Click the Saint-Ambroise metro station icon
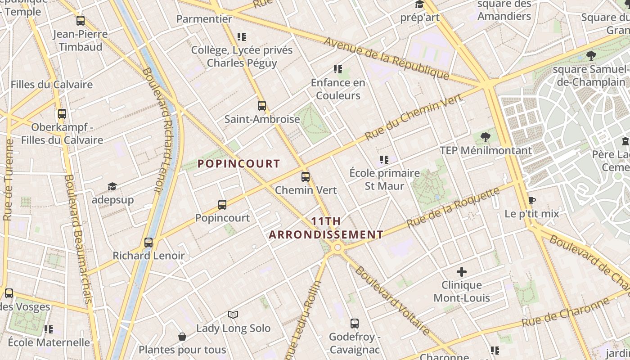click(x=262, y=106)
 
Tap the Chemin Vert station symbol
click(x=306, y=176)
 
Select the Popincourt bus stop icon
click(x=222, y=205)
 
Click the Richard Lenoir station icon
click(x=148, y=243)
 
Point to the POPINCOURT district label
click(x=239, y=164)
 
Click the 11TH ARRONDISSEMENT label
click(x=326, y=228)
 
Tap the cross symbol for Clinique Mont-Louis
click(x=462, y=272)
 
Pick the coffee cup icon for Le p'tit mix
click(x=531, y=200)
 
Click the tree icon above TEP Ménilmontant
click(x=485, y=137)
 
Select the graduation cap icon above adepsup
click(x=112, y=186)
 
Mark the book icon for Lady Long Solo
click(x=233, y=315)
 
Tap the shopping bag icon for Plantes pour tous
click(x=182, y=336)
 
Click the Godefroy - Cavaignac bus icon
click(x=355, y=323)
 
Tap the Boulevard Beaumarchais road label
click(x=78, y=238)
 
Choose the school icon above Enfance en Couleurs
click(x=338, y=69)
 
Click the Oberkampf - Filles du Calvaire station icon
click(x=62, y=114)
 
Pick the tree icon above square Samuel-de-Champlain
click(x=591, y=56)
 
